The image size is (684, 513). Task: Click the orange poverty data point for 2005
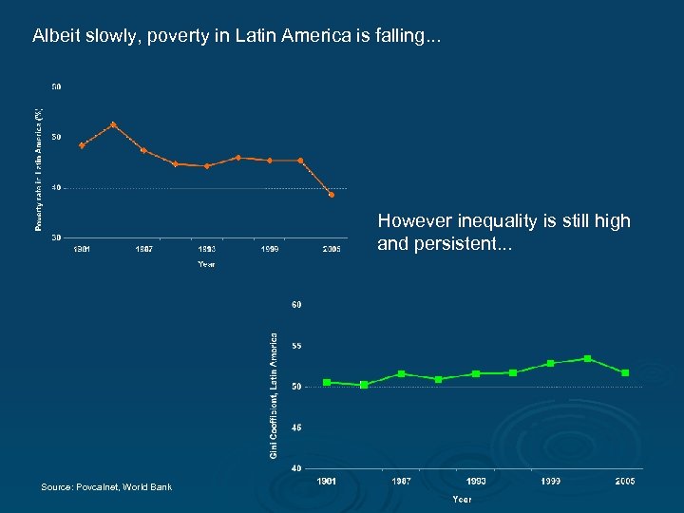pos(332,195)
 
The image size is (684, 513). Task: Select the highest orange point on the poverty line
pos(113,124)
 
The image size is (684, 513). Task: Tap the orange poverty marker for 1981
pos(82,145)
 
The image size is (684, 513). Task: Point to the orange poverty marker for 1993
pos(207,165)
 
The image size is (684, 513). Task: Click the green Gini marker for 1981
pos(327,382)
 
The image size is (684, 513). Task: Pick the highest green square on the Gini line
pos(588,358)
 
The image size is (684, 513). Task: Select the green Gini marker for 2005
pos(625,372)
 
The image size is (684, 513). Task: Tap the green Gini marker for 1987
pos(401,373)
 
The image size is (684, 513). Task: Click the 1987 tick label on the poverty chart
pos(144,249)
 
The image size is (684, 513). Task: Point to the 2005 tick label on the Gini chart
pos(624,482)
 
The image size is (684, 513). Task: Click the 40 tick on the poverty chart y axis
pos(56,187)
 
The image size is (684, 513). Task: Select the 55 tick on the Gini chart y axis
pos(296,346)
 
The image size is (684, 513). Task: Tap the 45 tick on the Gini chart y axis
pos(296,427)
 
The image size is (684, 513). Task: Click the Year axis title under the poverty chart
pos(206,264)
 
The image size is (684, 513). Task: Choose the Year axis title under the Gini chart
pos(462,499)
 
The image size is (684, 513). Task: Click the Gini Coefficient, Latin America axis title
pos(274,394)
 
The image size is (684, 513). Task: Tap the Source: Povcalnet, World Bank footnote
pos(106,487)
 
